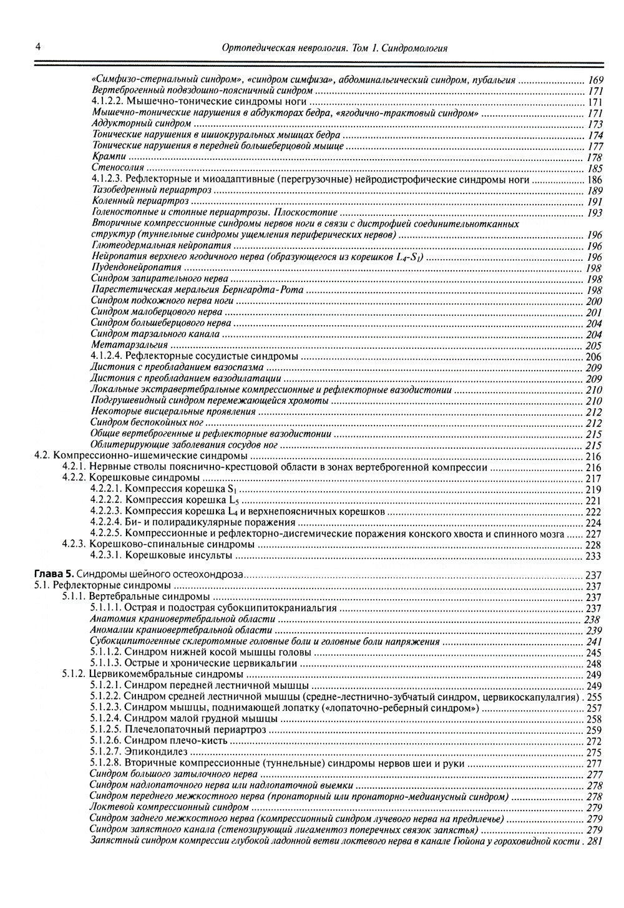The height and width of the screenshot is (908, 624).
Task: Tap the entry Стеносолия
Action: [118, 168]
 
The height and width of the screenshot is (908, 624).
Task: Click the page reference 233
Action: [593, 556]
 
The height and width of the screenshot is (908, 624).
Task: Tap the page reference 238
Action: [592, 620]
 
